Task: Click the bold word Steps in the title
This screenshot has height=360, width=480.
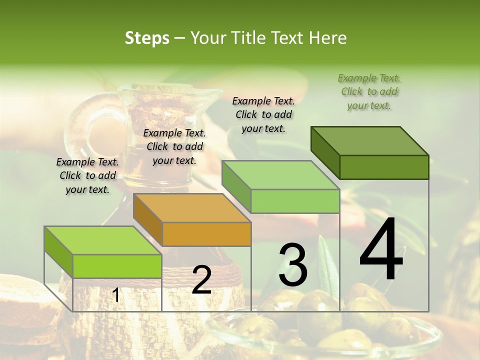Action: pyautogui.click(x=147, y=38)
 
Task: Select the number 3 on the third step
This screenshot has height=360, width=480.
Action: pyautogui.click(x=293, y=265)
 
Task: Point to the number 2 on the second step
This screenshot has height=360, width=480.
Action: pyautogui.click(x=201, y=280)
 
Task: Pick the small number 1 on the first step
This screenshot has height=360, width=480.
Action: pyautogui.click(x=115, y=295)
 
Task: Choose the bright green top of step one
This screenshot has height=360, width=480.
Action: pyautogui.click(x=102, y=240)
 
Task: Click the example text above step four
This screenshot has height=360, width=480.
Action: pyautogui.click(x=369, y=92)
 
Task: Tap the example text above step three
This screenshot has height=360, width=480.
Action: pyautogui.click(x=263, y=114)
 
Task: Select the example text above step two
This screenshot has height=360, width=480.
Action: pyautogui.click(x=174, y=146)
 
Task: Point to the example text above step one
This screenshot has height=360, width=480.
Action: pyautogui.click(x=87, y=175)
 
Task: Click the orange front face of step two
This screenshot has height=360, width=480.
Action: pyautogui.click(x=206, y=234)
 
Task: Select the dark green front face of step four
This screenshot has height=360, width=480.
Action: pyautogui.click(x=384, y=167)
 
